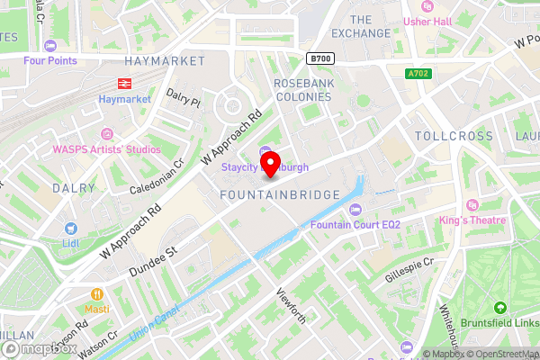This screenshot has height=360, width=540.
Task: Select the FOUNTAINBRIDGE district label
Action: (280, 194)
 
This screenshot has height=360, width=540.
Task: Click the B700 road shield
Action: (319, 58)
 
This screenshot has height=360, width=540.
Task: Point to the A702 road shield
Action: (418, 74)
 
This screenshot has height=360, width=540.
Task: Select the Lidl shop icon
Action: (69, 230)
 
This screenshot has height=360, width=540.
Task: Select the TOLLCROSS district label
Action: (454, 135)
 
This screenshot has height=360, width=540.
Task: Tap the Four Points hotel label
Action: (50, 60)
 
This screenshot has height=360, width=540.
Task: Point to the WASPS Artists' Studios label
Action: (106, 148)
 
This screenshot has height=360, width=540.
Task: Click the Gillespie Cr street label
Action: (409, 268)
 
